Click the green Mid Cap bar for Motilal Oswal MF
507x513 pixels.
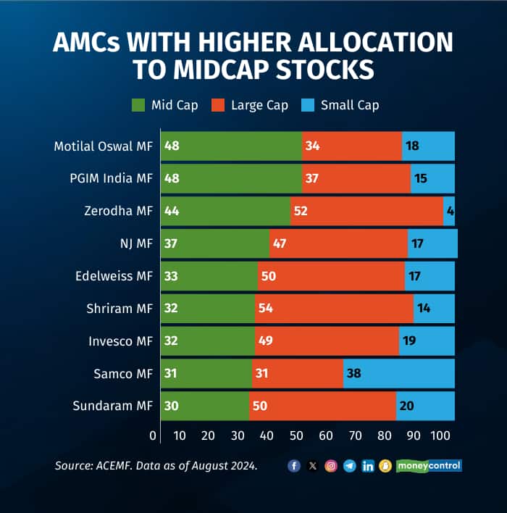click(x=230, y=146)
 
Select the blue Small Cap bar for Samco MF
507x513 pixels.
click(x=398, y=373)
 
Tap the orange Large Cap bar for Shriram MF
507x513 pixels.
click(x=334, y=308)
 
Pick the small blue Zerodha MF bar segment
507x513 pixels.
click(x=449, y=211)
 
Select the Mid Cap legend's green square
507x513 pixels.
click(x=138, y=105)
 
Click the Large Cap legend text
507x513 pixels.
click(x=259, y=105)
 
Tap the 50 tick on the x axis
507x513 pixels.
click(x=297, y=435)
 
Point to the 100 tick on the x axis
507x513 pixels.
click(x=441, y=435)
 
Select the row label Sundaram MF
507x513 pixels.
click(x=113, y=406)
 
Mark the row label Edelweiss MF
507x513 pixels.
click(x=114, y=276)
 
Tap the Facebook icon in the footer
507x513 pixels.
click(x=294, y=466)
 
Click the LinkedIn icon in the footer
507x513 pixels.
click(x=368, y=466)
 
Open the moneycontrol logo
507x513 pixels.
click(x=429, y=466)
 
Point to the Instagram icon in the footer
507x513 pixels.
click(x=331, y=466)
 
